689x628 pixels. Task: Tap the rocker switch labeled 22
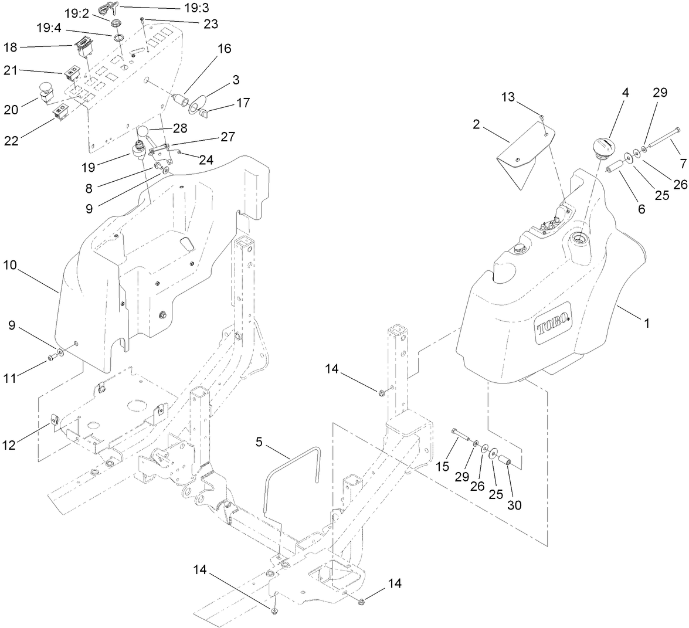coord(60,113)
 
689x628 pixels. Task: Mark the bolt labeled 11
coord(52,357)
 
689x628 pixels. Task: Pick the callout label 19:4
coord(49,28)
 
